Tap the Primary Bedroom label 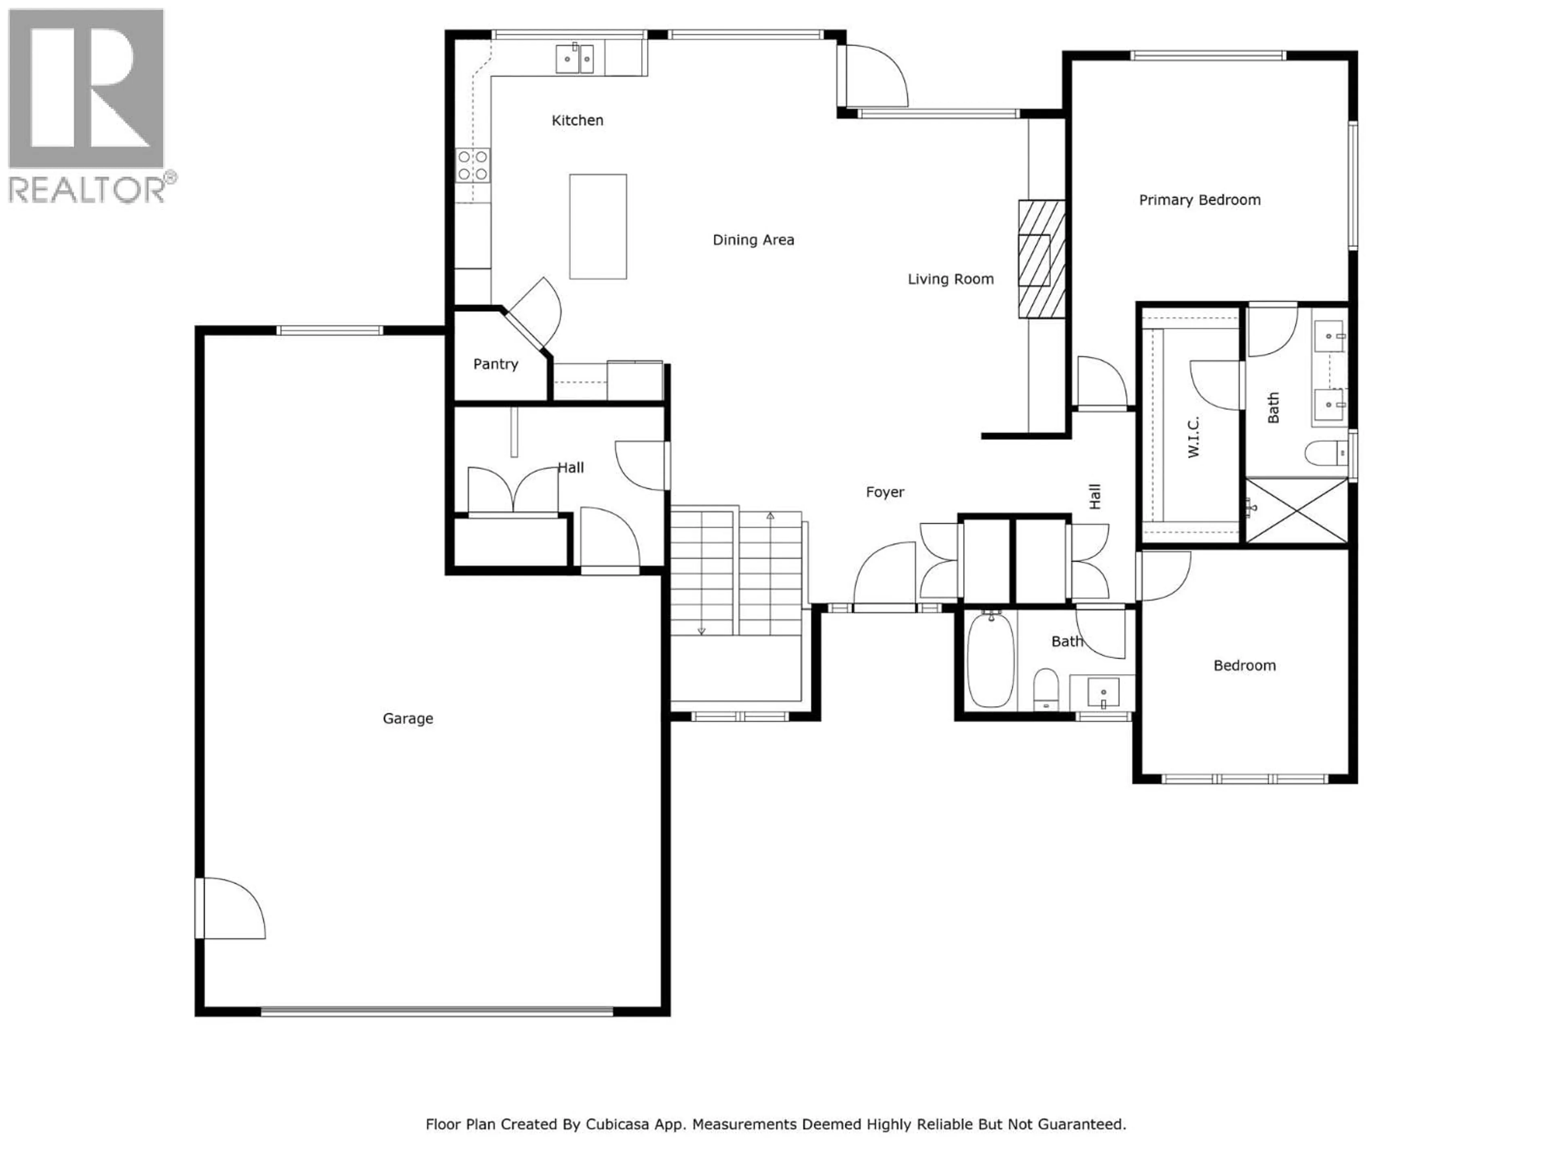click(x=1199, y=200)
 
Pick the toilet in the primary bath click(x=1325, y=453)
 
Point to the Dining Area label click(x=753, y=240)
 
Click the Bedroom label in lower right click(x=1244, y=666)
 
